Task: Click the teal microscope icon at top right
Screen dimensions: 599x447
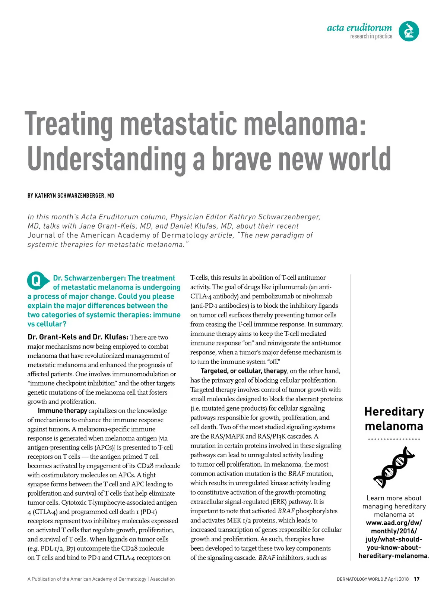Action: tap(409, 31)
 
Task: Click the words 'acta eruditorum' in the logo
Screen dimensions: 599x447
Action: tap(359, 28)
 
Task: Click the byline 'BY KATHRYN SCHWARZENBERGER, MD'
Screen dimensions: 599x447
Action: tap(71, 195)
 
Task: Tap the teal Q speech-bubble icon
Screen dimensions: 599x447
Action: tap(37, 281)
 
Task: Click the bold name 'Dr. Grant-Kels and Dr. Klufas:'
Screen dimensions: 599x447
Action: tap(78, 337)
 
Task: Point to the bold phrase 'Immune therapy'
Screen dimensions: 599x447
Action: tap(63, 411)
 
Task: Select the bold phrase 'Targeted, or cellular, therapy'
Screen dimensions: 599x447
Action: tap(244, 371)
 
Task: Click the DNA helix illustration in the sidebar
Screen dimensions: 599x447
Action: tap(394, 467)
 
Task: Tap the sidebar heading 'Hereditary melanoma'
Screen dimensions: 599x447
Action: tap(394, 418)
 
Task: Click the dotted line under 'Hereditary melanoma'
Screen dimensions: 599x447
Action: tap(394, 439)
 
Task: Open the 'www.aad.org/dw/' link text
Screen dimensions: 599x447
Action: tap(394, 523)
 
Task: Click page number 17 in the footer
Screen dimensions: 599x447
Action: tap(416, 579)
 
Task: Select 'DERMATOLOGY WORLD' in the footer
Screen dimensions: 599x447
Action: tap(360, 579)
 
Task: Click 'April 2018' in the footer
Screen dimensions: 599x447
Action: tap(398, 579)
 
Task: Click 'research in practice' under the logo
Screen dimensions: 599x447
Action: tap(371, 36)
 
